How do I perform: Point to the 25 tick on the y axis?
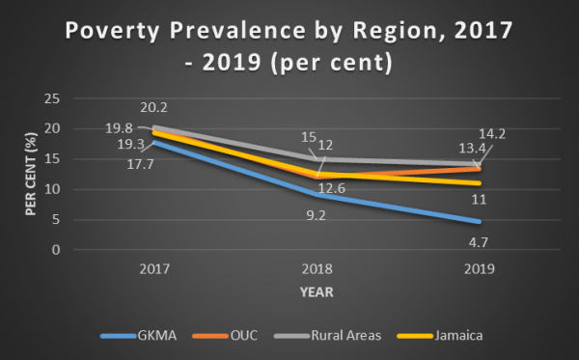(56, 98)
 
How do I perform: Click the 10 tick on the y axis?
(56, 189)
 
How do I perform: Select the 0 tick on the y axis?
(59, 250)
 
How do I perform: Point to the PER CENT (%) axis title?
(30, 174)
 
